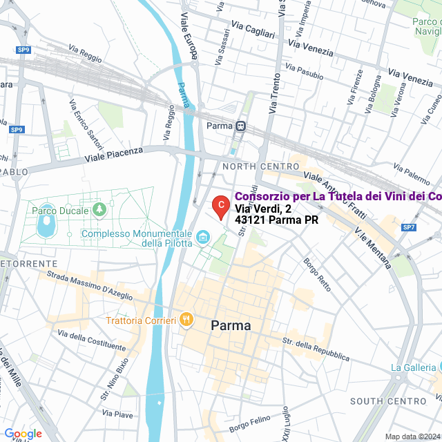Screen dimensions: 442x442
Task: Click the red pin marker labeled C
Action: [220, 206]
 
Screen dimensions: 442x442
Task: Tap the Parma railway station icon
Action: [240, 126]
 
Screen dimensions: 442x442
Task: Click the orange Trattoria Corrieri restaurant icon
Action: [185, 320]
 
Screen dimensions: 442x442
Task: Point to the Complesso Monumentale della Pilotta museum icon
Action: [203, 238]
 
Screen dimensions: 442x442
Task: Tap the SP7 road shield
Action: [409, 227]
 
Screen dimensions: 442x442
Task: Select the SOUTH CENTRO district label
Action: [388, 401]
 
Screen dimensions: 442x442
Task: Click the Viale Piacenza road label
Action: [114, 155]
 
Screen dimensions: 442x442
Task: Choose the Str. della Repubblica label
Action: [319, 349]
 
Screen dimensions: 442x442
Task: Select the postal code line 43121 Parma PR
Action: [276, 220]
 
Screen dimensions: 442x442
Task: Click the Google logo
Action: [23, 434]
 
